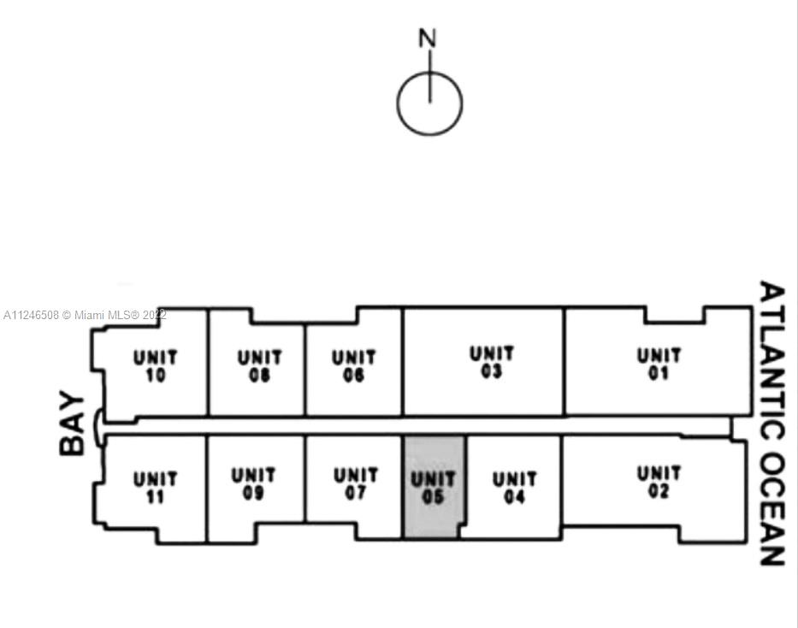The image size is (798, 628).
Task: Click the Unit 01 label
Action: pyautogui.click(x=659, y=364)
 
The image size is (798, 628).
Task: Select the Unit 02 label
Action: pyautogui.click(x=659, y=482)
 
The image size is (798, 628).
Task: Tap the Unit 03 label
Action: pyautogui.click(x=492, y=363)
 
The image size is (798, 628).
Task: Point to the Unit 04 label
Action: pyautogui.click(x=514, y=488)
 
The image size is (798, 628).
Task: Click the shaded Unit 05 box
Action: pyautogui.click(x=434, y=487)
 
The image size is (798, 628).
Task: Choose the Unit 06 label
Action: pyautogui.click(x=353, y=366)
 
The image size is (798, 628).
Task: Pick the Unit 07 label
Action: pyautogui.click(x=355, y=483)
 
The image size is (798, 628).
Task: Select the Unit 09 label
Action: pyautogui.click(x=253, y=483)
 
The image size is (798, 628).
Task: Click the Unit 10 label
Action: pyautogui.click(x=155, y=366)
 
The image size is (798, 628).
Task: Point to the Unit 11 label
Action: pyautogui.click(x=155, y=488)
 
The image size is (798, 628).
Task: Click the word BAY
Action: pyautogui.click(x=73, y=424)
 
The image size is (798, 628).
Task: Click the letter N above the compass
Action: pyautogui.click(x=428, y=39)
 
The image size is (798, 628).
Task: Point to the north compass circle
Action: pyautogui.click(x=429, y=104)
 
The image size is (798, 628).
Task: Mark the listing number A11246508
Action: pyautogui.click(x=31, y=315)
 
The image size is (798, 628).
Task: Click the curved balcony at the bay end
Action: pyautogui.click(x=98, y=426)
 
